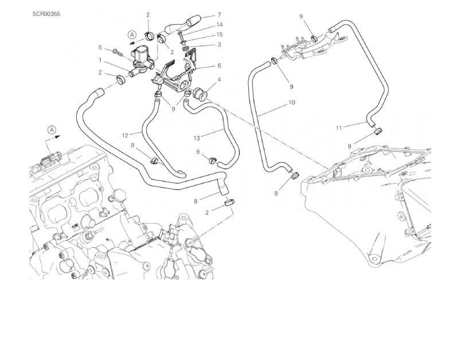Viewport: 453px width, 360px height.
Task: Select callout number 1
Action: [x=100, y=60]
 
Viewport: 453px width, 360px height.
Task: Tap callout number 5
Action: [x=100, y=48]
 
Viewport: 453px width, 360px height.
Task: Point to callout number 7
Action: [x=219, y=15]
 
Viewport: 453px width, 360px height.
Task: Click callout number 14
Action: [x=219, y=25]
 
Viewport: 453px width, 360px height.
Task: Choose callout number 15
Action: [x=219, y=35]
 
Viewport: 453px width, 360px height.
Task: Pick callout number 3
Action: [x=219, y=45]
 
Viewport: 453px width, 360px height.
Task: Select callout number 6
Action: [x=219, y=66]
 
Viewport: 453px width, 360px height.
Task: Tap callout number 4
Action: [x=219, y=80]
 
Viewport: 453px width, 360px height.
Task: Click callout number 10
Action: [x=292, y=103]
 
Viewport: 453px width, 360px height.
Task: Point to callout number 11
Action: [x=338, y=127]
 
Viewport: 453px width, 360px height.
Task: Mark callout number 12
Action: [x=124, y=136]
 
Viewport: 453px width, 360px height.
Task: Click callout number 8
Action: [x=196, y=201]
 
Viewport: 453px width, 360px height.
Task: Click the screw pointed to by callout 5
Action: [x=119, y=52]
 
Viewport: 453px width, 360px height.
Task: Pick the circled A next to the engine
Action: [x=52, y=130]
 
